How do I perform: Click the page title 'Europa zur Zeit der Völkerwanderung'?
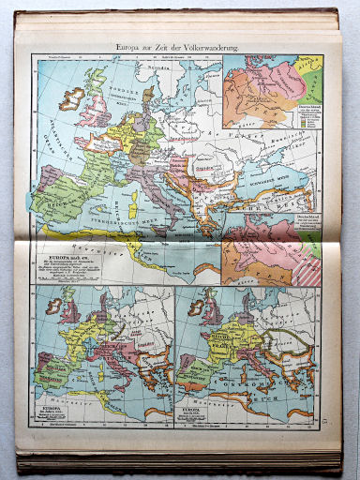179,44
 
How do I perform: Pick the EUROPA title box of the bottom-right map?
201,412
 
